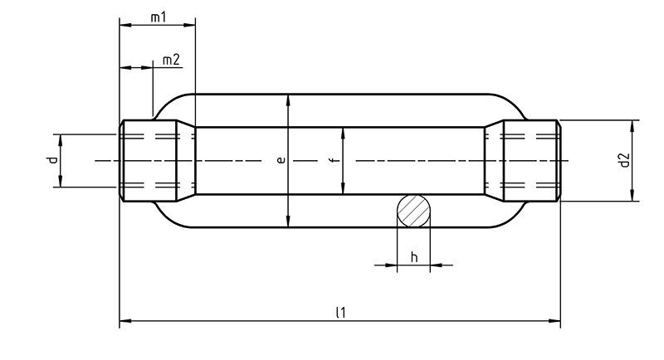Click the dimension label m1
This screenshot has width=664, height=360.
coord(159,17)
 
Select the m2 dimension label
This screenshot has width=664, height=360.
coord(172,60)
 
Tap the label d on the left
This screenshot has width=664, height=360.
coord(51,160)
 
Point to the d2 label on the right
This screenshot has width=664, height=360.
coord(625,160)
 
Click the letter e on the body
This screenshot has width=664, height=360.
coord(281,160)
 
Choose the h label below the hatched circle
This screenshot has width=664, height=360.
coord(414,257)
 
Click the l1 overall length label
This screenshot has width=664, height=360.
coord(341,313)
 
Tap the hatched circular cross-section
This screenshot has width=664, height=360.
coord(413,211)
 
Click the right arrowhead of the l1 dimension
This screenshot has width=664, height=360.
coord(554,321)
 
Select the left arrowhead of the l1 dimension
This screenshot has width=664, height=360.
coord(125,321)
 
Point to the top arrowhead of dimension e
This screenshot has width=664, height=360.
coord(288,100)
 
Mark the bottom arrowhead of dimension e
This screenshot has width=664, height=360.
coord(288,221)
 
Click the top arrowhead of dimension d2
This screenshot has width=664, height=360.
coord(632,126)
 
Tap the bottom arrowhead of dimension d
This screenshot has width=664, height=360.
coord(61,181)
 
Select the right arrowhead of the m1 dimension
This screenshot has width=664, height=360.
coord(190,25)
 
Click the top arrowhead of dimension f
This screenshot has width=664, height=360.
coord(343,133)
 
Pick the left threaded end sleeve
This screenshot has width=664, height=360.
coord(148,161)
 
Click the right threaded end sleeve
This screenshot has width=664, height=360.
coord(532,161)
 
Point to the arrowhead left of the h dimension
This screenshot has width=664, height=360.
coord(391,265)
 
